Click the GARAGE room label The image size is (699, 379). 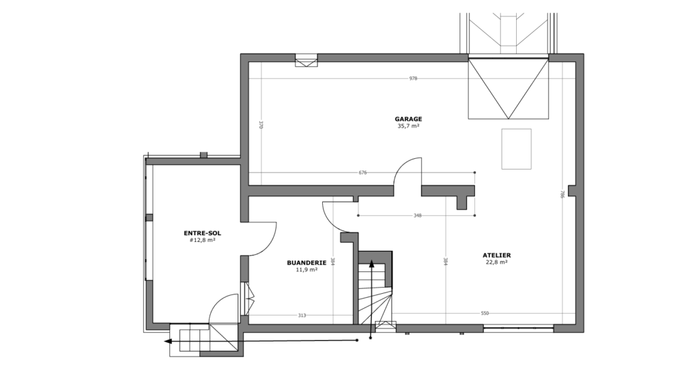pyautogui.click(x=408, y=119)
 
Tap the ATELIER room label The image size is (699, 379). pyautogui.click(x=497, y=255)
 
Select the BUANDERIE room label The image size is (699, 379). pyautogui.click(x=306, y=262)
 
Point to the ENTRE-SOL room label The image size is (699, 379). pyautogui.click(x=202, y=233)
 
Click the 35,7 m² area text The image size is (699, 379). pyautogui.click(x=408, y=126)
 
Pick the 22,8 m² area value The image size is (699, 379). pyautogui.click(x=497, y=262)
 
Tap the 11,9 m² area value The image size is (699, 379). pyautogui.click(x=306, y=270)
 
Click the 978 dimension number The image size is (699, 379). pyautogui.click(x=413, y=78)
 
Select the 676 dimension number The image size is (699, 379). pyautogui.click(x=362, y=172)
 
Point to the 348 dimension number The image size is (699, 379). pyautogui.click(x=417, y=215)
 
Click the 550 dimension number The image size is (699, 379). pyautogui.click(x=485, y=313)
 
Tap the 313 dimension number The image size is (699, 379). pyautogui.click(x=302, y=316)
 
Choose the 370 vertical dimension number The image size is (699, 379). pyautogui.click(x=261, y=125)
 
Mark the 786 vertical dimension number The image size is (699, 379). pyautogui.click(x=562, y=194)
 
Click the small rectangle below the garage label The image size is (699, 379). pyautogui.click(x=516, y=149)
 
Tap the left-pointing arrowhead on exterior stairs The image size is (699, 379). pyautogui.click(x=168, y=342)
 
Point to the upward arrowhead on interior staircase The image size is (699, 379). pyautogui.click(x=371, y=265)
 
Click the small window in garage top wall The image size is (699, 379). pyautogui.click(x=306, y=61)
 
